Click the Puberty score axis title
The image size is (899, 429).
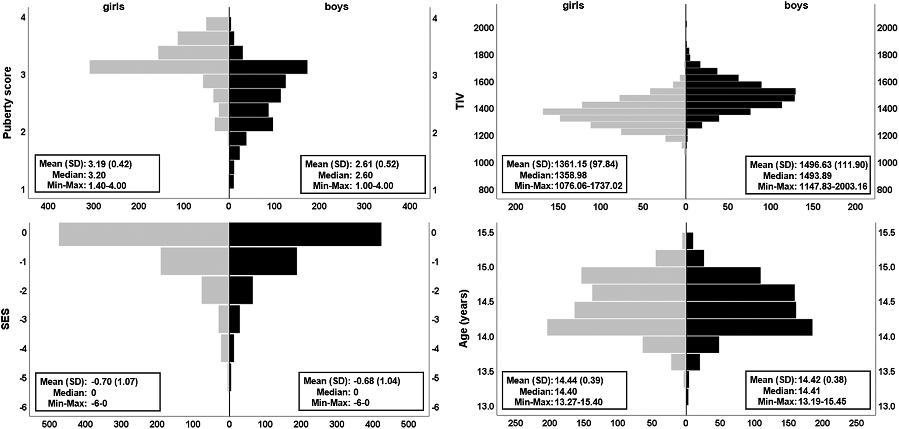click(x=7, y=103)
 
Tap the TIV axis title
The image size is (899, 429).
click(x=460, y=102)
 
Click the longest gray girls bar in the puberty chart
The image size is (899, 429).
click(x=159, y=67)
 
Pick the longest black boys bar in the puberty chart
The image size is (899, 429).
click(x=268, y=67)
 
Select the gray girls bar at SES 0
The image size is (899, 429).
click(x=144, y=234)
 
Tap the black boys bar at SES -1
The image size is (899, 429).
click(x=263, y=262)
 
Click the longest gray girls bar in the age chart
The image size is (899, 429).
click(x=616, y=327)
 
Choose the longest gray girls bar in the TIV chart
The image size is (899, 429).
click(x=614, y=111)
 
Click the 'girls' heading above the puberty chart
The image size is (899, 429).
click(x=113, y=7)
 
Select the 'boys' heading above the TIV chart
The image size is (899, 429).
click(x=796, y=6)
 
